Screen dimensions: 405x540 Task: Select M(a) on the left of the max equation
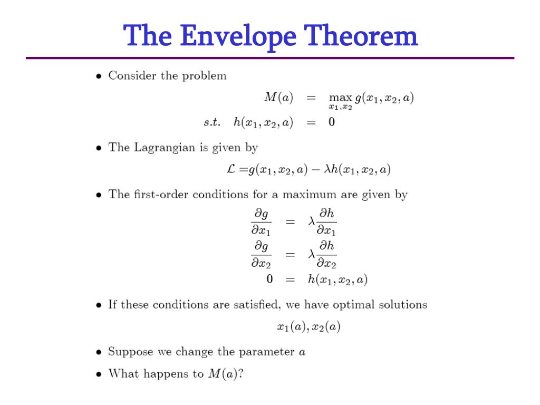278,98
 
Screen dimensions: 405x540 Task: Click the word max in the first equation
340,98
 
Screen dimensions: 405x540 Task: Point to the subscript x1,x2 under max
341,108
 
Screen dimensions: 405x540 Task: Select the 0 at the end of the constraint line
332,122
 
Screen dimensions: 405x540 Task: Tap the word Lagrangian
165,148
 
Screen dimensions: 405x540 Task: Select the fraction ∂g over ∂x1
261,221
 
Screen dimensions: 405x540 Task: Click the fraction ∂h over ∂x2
326,254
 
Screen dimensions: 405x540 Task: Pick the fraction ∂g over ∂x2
261,254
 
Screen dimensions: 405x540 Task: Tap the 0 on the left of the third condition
269,279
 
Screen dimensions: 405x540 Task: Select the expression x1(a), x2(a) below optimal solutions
308,327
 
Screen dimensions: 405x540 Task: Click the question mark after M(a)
242,374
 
